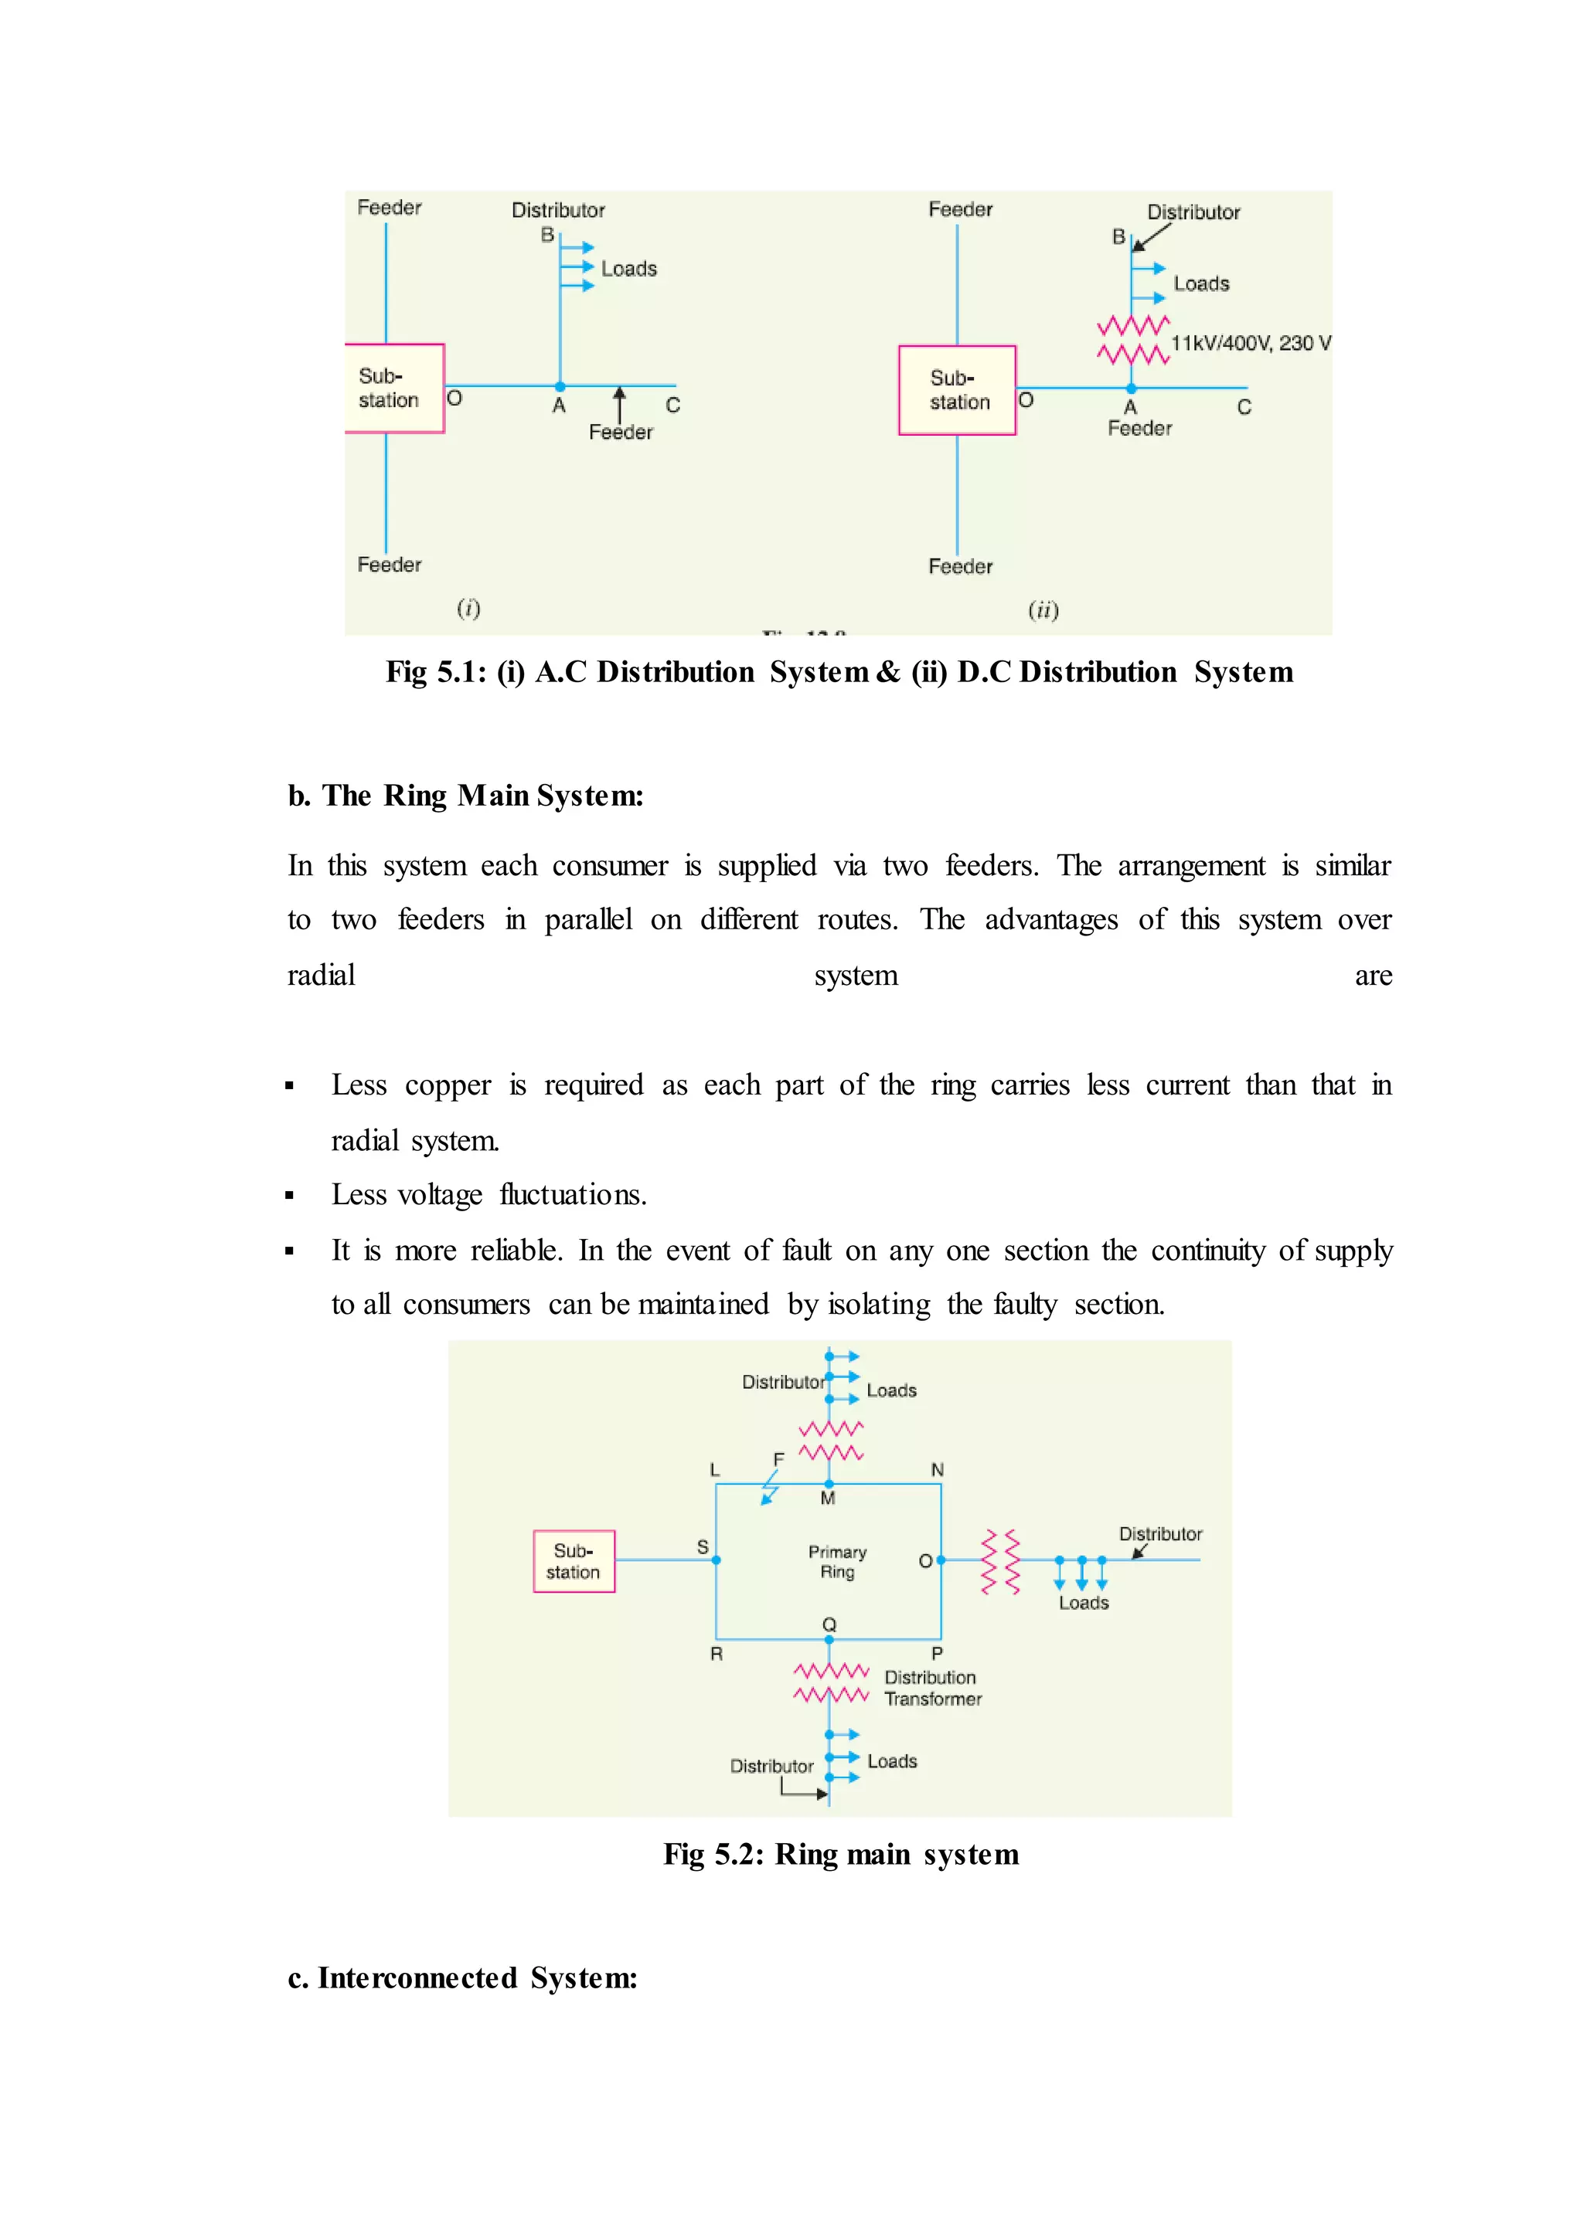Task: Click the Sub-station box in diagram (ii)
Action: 956,390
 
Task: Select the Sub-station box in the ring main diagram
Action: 574,1561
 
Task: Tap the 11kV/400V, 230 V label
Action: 1250,343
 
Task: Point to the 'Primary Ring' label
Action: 836,1561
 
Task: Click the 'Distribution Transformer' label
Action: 932,1688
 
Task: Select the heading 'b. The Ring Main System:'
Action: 465,796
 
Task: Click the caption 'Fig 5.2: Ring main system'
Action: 840,1854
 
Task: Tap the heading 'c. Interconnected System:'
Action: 462,1977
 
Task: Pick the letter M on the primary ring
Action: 828,1499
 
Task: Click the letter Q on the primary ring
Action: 829,1624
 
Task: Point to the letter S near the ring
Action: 703,1547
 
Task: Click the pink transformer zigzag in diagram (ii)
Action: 1132,339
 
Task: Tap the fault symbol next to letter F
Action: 770,1489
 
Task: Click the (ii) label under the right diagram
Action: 1043,610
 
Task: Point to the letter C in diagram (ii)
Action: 1244,407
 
